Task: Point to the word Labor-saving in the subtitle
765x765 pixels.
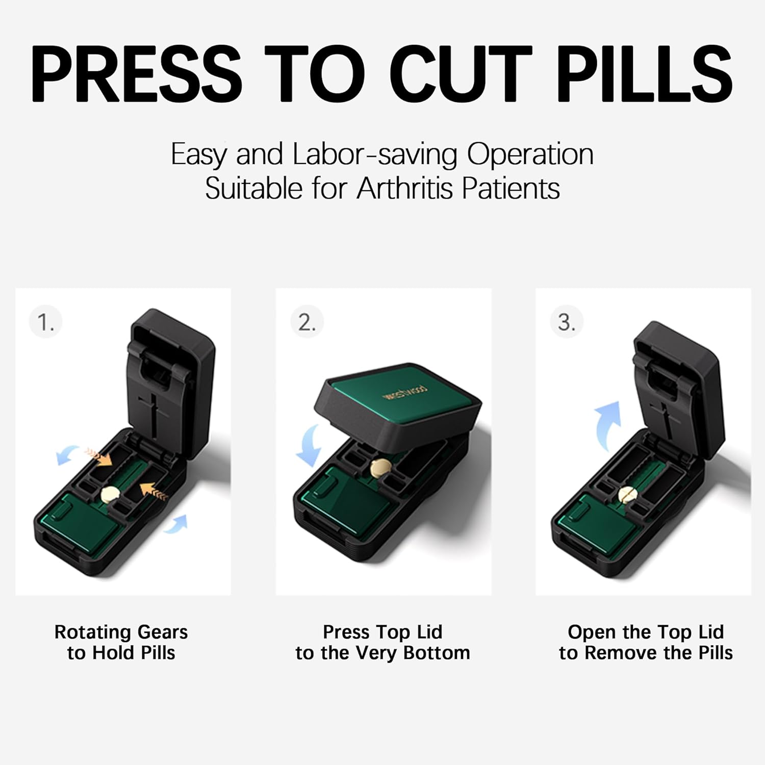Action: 375,154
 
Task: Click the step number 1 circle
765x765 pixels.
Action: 46,322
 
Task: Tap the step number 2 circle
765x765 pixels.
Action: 307,322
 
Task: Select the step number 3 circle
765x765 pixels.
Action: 567,322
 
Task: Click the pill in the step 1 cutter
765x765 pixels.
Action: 110,494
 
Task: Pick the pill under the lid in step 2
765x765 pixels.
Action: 380,467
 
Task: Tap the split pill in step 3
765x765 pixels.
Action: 628,494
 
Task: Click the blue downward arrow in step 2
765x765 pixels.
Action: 309,447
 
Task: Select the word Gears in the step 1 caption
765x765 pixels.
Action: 163,632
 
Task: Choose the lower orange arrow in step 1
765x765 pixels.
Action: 154,491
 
